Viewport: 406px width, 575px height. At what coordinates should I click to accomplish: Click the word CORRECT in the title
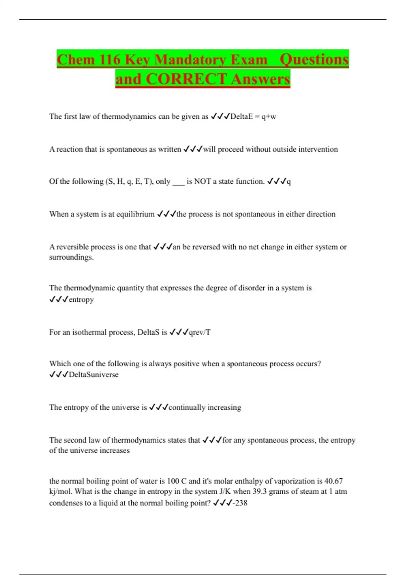click(x=186, y=79)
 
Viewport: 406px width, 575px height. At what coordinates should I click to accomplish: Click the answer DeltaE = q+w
click(x=253, y=117)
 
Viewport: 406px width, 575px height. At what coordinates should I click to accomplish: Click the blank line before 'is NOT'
click(x=178, y=182)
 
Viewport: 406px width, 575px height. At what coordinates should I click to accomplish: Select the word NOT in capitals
click(x=202, y=182)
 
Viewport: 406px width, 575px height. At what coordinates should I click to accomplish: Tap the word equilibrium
click(x=135, y=214)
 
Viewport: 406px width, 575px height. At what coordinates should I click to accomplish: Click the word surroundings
click(x=71, y=257)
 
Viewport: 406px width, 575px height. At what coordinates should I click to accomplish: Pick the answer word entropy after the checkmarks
click(x=81, y=300)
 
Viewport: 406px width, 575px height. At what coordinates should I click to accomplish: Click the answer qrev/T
click(x=200, y=332)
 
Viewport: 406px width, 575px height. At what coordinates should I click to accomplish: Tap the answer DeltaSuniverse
click(x=93, y=375)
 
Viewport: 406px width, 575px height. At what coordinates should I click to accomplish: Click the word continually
click(x=187, y=408)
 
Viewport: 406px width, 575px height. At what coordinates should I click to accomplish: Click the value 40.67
click(x=333, y=481)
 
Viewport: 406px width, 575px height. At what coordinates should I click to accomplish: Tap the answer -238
click(x=240, y=503)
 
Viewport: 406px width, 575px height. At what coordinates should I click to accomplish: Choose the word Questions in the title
click(x=314, y=60)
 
